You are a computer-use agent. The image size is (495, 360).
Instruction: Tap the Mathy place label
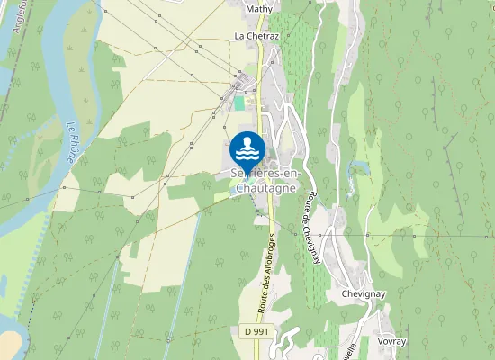click(258, 9)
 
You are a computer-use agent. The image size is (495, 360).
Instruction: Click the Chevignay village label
click(364, 294)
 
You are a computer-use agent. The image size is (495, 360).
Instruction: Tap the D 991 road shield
click(256, 331)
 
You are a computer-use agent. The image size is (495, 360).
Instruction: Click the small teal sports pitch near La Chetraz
click(238, 103)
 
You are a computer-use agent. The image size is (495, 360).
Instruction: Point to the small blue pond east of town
click(361, 168)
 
